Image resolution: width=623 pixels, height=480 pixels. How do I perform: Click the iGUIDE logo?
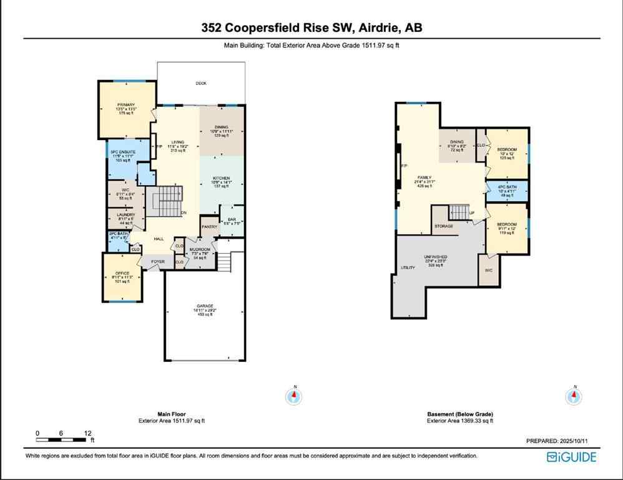click(x=571, y=457)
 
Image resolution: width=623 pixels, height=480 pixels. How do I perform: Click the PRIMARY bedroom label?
click(x=125, y=104)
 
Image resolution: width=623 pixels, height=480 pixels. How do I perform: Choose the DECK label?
click(x=201, y=83)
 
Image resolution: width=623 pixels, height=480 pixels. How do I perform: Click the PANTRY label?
click(x=208, y=227)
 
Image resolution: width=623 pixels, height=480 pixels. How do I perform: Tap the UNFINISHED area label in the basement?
click(x=436, y=257)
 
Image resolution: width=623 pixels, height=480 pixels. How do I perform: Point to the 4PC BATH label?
click(x=507, y=187)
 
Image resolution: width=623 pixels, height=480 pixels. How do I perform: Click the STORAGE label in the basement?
click(x=444, y=226)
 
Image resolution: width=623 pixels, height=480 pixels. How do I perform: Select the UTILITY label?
click(x=408, y=267)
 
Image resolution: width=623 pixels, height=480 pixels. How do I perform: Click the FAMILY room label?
click(x=424, y=177)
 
